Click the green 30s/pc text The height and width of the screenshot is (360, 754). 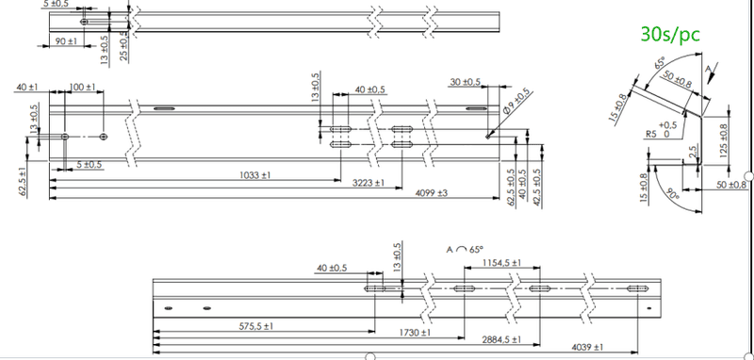tap(670, 34)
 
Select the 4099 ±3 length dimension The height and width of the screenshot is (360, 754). tap(432, 193)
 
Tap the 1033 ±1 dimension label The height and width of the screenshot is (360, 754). tap(254, 175)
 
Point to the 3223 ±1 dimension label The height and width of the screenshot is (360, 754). tap(369, 183)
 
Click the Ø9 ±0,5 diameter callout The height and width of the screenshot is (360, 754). tap(517, 100)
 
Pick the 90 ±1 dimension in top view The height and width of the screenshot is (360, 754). tap(66, 41)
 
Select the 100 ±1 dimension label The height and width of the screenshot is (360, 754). tap(83, 87)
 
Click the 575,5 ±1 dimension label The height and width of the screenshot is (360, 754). tap(255, 326)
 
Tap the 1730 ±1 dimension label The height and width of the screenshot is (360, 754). tap(415, 333)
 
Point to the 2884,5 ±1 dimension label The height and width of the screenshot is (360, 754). tap(501, 339)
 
